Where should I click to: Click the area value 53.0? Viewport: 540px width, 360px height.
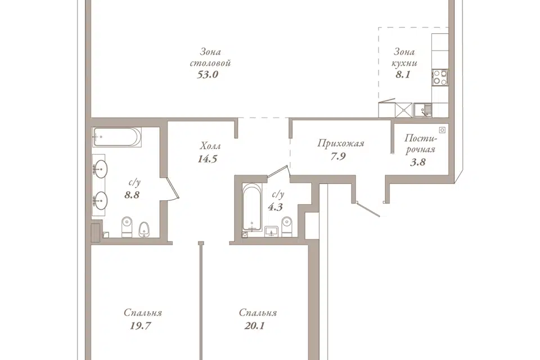pos(208,74)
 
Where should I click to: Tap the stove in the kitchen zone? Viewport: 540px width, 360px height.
pos(440,77)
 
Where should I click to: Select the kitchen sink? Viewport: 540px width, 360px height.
pos(422,110)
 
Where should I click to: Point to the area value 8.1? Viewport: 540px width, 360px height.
pos(403,74)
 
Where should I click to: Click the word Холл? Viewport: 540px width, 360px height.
pos(210,146)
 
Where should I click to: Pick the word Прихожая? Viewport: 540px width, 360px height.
pos(341,143)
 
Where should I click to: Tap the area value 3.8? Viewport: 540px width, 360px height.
pos(418,162)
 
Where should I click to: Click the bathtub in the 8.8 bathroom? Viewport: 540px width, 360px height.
pos(117,137)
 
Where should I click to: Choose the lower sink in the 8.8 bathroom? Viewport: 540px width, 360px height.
pos(100,200)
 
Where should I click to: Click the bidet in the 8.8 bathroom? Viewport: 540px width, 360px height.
pos(144,229)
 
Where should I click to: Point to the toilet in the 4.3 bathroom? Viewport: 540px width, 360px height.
pos(286,227)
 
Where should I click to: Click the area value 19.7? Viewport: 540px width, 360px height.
pos(141,326)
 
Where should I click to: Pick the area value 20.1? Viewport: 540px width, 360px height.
pos(254,326)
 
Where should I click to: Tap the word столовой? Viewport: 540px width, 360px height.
pos(210,64)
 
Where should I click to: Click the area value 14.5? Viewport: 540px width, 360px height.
pos(208,159)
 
